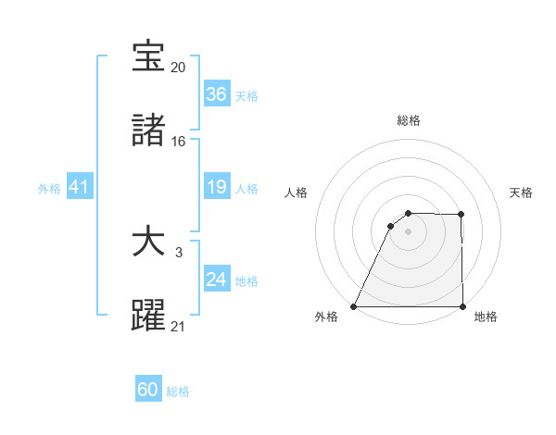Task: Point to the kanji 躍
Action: [x=149, y=315]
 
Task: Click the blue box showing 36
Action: [x=217, y=94]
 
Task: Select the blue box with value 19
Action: [x=217, y=188]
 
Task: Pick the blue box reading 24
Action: [x=217, y=280]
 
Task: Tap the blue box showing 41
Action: [x=80, y=188]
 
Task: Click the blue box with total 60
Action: [x=148, y=390]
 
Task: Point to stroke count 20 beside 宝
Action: [x=179, y=68]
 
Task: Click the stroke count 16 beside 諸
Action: [x=179, y=142]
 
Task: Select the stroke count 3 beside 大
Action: [x=179, y=252]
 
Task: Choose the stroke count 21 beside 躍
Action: [x=179, y=326]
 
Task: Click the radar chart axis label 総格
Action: [x=409, y=120]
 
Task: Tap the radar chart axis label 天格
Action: [x=521, y=193]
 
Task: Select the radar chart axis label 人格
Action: [x=297, y=193]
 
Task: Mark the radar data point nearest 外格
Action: [x=354, y=306]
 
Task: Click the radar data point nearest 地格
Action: [x=462, y=306]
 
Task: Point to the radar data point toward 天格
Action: [x=461, y=215]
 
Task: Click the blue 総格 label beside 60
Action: [x=178, y=391]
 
